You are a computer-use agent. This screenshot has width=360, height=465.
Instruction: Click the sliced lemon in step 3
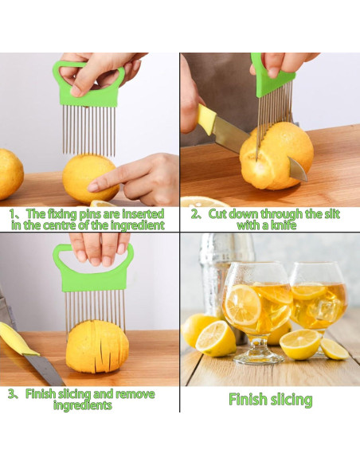tap(97, 346)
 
